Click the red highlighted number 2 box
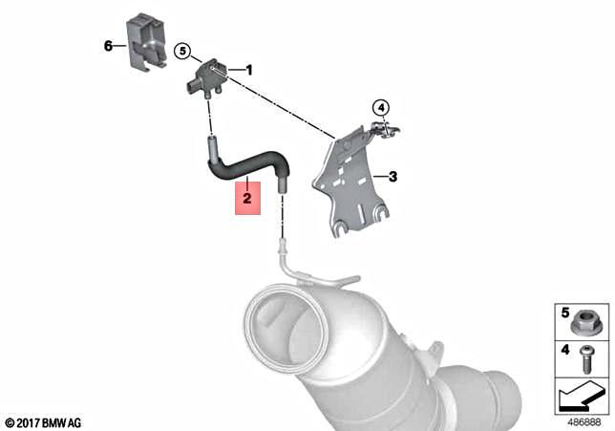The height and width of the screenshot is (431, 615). pos(247,199)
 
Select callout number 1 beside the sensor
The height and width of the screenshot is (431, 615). pos(249,70)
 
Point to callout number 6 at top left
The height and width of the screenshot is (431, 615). pos(108,45)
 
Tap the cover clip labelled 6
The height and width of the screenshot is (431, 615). pos(147,41)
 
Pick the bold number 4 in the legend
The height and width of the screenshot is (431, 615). pos(564,351)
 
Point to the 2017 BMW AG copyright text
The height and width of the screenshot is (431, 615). pos(43,421)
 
